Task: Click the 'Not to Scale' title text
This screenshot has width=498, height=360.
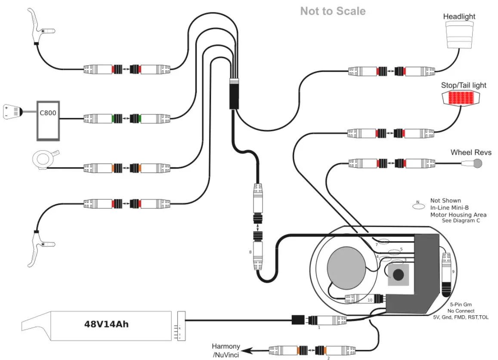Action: tap(333, 11)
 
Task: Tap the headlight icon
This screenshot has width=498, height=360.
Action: tap(459, 36)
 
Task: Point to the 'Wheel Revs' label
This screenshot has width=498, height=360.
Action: tap(471, 152)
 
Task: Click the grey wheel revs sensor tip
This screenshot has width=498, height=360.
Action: tap(476, 163)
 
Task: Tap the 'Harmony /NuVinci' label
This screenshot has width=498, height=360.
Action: tap(225, 351)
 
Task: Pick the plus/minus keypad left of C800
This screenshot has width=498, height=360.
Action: tap(12, 111)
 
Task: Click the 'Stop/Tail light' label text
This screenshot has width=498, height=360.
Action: tap(463, 85)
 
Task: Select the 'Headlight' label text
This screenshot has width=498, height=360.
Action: tap(459, 16)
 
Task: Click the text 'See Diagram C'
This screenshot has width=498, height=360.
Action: tap(461, 221)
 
